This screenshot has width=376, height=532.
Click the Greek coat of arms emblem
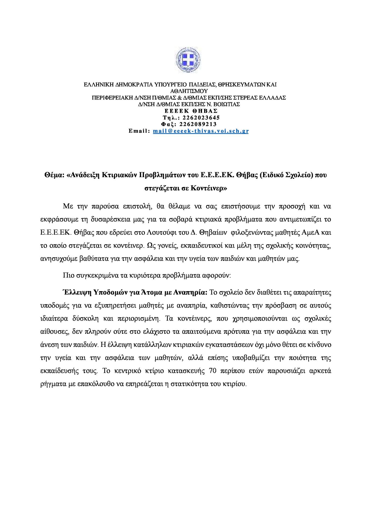click(x=188, y=62)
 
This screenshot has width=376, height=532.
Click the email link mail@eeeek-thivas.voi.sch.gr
click(x=201, y=131)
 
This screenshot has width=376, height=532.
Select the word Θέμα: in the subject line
click(x=54, y=175)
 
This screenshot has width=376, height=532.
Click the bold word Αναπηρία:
click(x=189, y=292)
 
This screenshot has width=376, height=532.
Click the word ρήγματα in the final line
click(x=53, y=384)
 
